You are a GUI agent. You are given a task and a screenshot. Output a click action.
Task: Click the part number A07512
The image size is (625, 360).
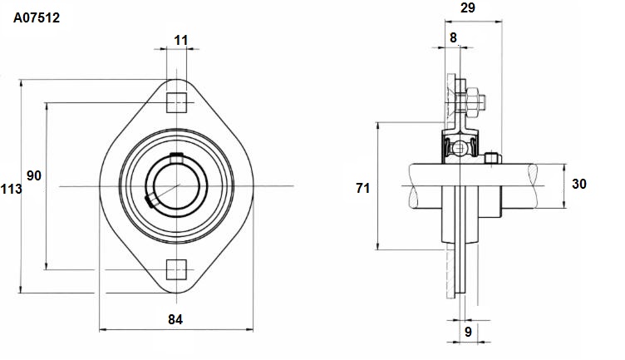pos(37,17)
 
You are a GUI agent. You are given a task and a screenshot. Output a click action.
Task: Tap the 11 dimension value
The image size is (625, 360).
pos(181,40)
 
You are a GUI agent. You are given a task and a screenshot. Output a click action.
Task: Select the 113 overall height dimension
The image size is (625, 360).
pos(11,189)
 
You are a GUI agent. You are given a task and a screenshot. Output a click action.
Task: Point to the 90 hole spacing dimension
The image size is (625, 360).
pos(34,175)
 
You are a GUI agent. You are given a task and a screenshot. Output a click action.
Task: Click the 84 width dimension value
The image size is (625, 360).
pos(175,319)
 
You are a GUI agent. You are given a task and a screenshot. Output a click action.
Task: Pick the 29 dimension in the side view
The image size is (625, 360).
pos(468,7)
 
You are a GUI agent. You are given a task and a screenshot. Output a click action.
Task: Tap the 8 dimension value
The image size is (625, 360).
pos(453,37)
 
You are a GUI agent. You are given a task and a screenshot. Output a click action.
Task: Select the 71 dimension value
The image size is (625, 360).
pos(362,188)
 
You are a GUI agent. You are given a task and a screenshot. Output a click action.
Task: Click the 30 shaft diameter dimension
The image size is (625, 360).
pos(579,184)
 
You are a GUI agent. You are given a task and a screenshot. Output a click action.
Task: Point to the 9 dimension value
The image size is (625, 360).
pos(469,331)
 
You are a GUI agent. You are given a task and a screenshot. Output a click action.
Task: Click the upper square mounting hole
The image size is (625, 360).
pos(176,102)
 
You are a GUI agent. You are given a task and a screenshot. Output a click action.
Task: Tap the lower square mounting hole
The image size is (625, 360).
pos(176,269)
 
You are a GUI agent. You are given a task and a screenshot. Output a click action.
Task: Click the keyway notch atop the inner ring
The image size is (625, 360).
pos(176,158)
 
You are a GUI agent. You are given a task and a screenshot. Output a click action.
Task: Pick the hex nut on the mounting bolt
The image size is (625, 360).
pos(472,102)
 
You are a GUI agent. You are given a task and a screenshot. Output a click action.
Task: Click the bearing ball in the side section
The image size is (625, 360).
pos(460,148)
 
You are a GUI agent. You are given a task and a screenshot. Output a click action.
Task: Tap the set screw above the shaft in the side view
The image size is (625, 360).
pos(493,158)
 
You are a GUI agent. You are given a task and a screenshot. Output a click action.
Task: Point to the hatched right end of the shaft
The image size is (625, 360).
pos(534,185)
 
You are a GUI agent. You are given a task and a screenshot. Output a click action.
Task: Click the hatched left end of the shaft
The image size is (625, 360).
pos(414,185)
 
